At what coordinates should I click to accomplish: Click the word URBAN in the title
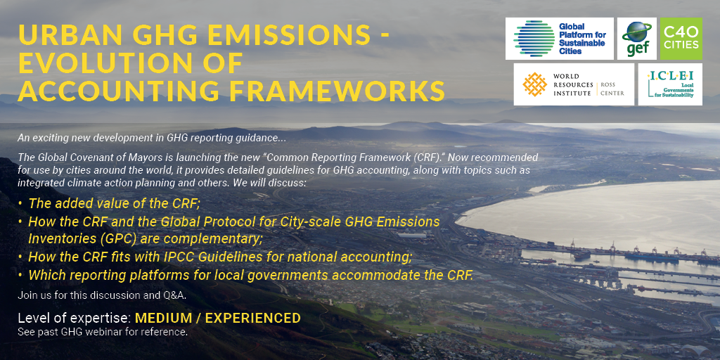point(64,34)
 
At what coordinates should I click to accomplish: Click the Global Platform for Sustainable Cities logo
point(560,39)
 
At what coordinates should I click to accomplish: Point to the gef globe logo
point(636,39)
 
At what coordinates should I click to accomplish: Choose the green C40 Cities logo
point(681,39)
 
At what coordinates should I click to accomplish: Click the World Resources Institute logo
point(574,84)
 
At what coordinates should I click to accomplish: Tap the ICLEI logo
point(670,84)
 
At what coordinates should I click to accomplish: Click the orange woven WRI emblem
point(535,84)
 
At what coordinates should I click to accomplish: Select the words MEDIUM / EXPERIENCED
point(218,318)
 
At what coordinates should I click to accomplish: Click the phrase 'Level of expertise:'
point(75,319)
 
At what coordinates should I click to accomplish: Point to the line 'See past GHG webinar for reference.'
point(103,332)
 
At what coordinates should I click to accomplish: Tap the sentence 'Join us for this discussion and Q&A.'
point(102,295)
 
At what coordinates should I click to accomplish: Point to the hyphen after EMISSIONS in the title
point(382,36)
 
